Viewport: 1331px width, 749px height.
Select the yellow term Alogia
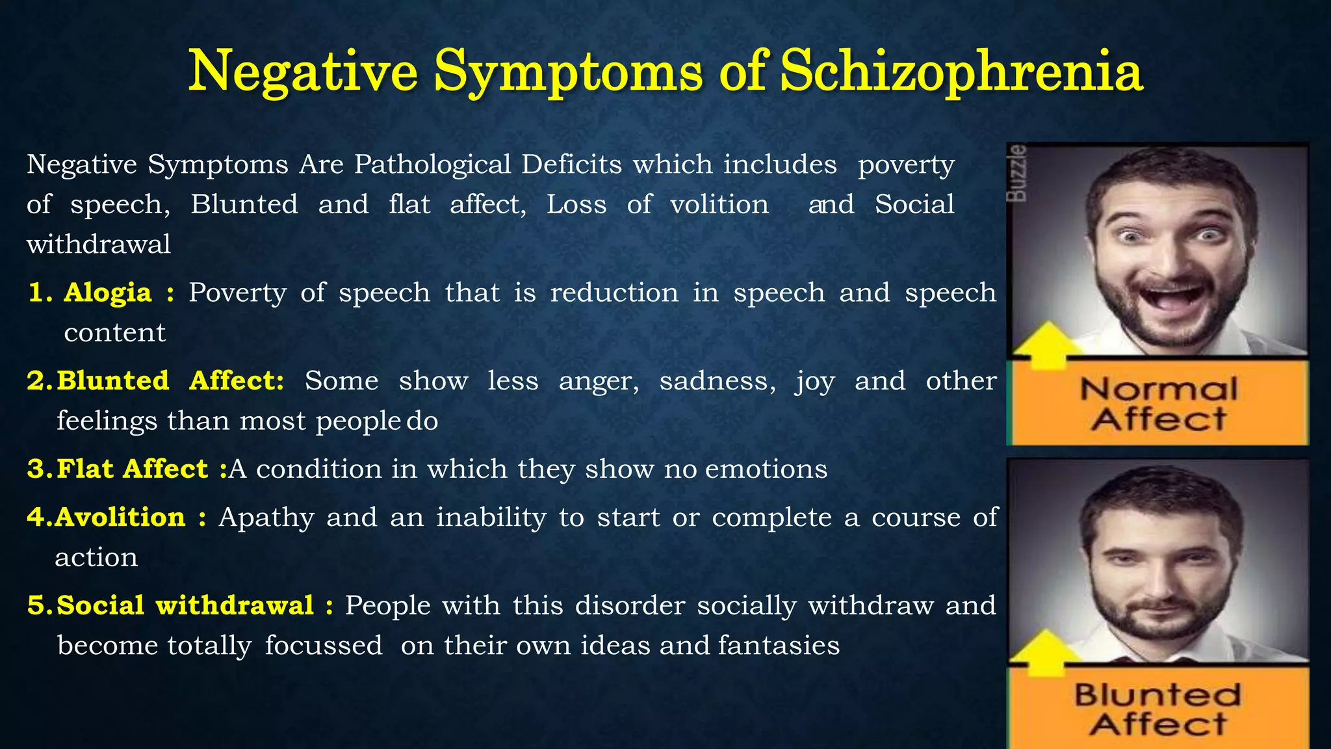pos(107,293)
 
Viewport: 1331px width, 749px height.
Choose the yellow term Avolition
pos(120,518)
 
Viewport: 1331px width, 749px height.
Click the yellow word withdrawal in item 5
pos(235,605)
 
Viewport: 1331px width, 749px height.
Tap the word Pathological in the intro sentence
pos(433,164)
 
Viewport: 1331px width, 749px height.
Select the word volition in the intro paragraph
pos(719,205)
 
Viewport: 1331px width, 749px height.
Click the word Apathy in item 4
pos(266,518)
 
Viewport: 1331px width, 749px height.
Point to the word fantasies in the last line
pos(779,646)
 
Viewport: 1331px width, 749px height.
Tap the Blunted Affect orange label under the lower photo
pos(1158,709)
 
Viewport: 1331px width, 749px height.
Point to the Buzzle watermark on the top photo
pos(1017,173)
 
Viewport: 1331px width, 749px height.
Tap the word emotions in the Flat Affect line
pos(766,469)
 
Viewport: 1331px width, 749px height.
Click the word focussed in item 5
pos(324,646)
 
